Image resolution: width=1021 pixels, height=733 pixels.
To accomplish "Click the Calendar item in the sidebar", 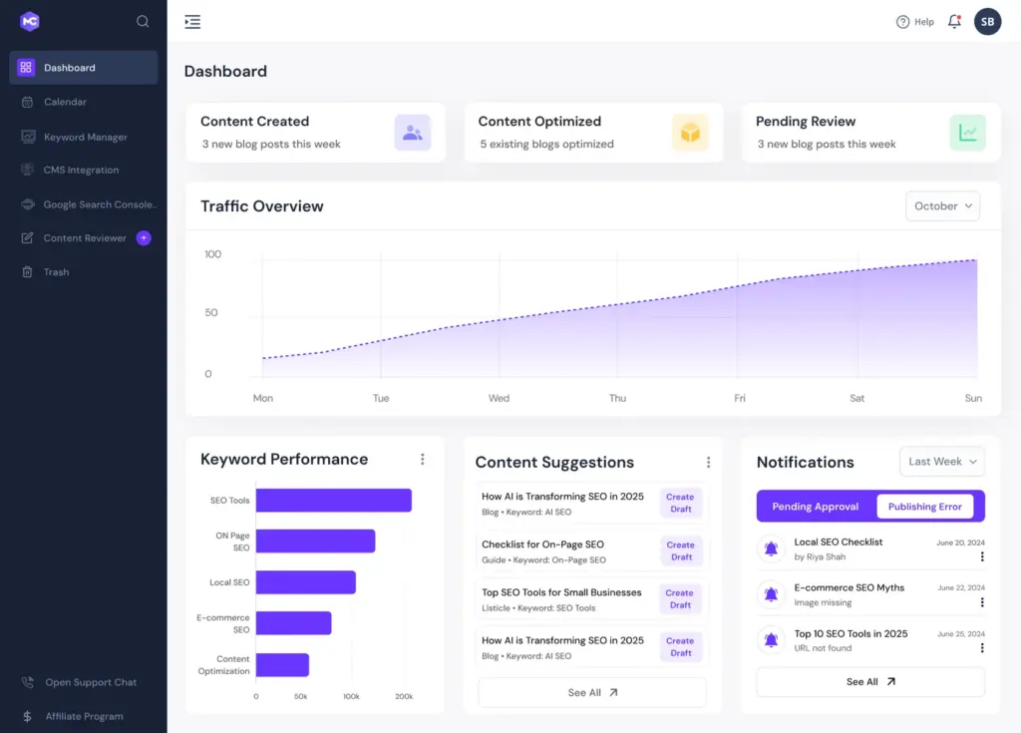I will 65,102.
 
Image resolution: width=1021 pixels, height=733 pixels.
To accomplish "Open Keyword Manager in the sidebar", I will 85,137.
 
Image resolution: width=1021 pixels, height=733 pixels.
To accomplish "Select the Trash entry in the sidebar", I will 56,271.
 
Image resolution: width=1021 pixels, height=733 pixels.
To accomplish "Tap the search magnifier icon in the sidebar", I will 143,21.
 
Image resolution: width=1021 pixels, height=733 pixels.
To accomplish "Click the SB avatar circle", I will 987,21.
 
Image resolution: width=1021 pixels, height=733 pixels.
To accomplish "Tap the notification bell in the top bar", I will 954,21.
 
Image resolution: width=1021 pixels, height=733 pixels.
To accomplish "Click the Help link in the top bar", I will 915,22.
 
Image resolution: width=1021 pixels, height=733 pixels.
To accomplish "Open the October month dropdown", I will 942,206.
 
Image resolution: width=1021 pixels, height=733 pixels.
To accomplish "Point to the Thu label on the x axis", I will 617,398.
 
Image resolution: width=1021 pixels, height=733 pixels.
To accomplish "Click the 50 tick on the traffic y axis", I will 210,313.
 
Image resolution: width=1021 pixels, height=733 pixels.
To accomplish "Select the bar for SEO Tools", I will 333,501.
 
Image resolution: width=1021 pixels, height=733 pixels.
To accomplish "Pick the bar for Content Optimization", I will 282,665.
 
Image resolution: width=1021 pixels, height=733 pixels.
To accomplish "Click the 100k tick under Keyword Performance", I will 351,696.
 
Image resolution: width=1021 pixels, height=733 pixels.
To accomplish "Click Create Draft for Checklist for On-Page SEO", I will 681,550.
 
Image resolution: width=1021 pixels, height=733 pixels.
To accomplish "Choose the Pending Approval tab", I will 815,507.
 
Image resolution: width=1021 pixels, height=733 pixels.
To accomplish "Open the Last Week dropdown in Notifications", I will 942,462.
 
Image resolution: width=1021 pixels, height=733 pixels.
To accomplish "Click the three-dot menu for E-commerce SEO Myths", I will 982,602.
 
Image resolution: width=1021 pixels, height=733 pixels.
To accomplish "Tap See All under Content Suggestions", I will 592,692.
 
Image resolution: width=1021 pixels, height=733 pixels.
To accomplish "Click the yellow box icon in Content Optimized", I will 689,133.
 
